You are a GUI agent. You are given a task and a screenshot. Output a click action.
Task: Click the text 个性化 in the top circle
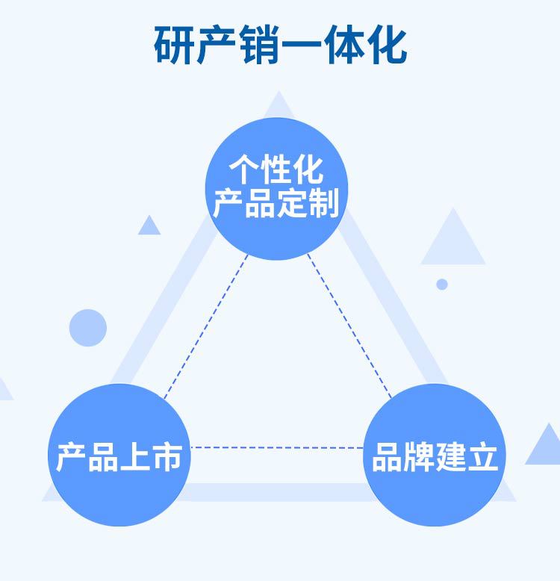pyautogui.click(x=276, y=170)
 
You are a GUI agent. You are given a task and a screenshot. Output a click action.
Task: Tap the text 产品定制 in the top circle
pyautogui.click(x=276, y=202)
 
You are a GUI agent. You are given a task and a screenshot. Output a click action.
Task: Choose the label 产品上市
pyautogui.click(x=119, y=456)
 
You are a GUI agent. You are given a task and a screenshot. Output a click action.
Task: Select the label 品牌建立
pyautogui.click(x=435, y=456)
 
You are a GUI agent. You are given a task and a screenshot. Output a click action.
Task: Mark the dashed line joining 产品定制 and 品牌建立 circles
pyautogui.click(x=349, y=325)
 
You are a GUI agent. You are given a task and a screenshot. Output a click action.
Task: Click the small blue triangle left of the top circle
pyautogui.click(x=149, y=226)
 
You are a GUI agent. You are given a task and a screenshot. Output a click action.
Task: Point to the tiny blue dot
pyautogui.click(x=442, y=284)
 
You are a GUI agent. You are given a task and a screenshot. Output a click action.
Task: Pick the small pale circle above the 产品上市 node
pyautogui.click(x=88, y=328)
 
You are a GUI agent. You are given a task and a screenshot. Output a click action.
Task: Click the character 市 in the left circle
pyautogui.click(x=167, y=456)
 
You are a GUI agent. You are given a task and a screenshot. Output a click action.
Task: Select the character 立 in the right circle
pyautogui.click(x=482, y=456)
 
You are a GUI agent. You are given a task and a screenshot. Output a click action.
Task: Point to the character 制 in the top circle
pyautogui.click(x=324, y=202)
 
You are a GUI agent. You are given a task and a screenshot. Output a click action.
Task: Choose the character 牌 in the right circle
pyautogui.click(x=419, y=456)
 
